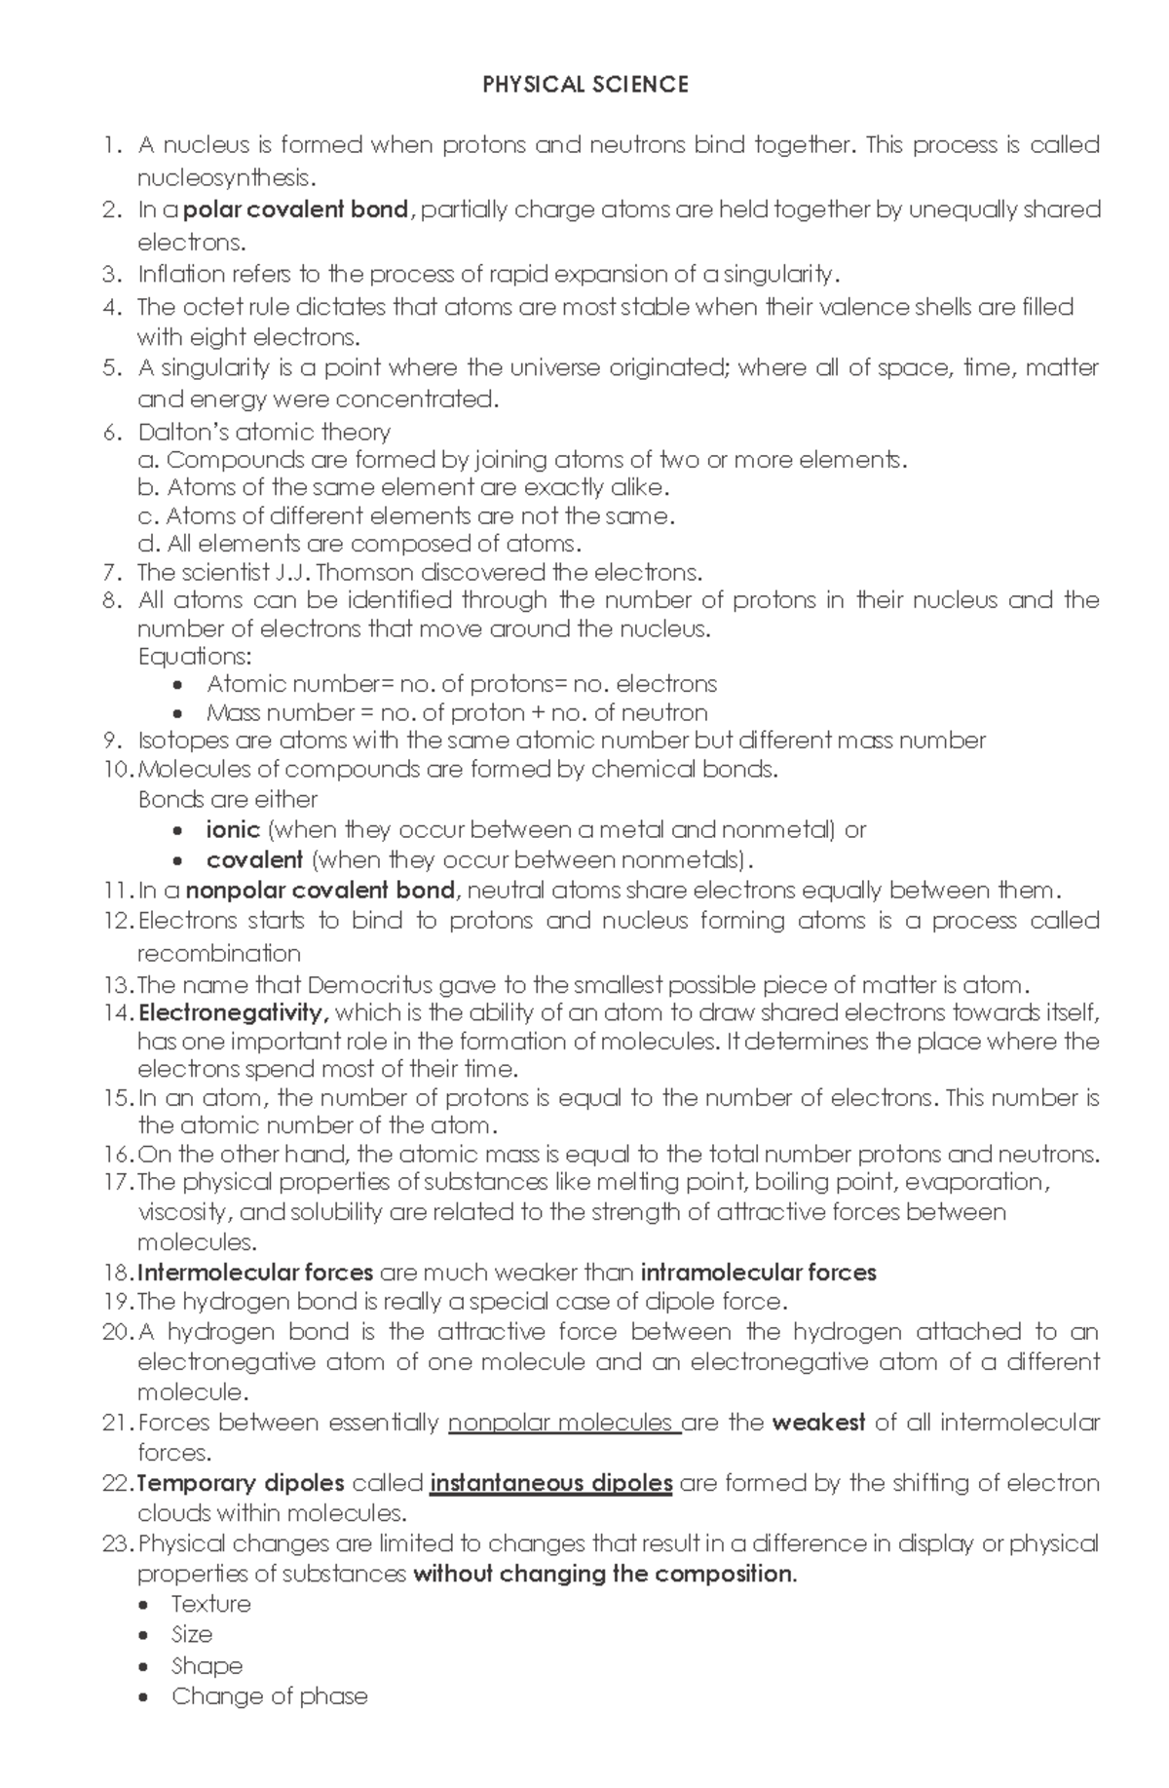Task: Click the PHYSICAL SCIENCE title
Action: click(x=585, y=85)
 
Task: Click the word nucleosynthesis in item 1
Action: click(x=226, y=177)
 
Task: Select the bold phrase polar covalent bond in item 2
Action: click(x=295, y=209)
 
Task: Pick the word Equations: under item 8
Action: click(x=194, y=656)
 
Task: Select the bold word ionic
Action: click(x=233, y=829)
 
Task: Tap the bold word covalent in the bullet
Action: click(x=254, y=859)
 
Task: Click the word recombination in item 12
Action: click(x=218, y=953)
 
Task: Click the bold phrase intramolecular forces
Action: click(x=759, y=1273)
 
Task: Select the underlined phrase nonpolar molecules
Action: click(x=563, y=1423)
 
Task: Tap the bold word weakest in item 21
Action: click(x=818, y=1423)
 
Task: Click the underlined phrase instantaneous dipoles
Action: click(x=550, y=1483)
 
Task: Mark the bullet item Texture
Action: click(x=211, y=1604)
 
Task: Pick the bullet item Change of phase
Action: click(x=270, y=1696)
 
